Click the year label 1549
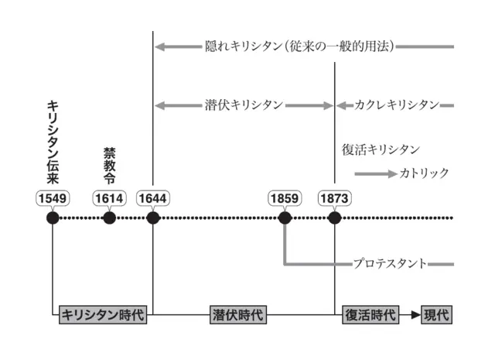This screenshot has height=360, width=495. coord(53,198)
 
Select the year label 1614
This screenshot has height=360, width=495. coord(109,198)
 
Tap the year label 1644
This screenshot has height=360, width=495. coord(153,198)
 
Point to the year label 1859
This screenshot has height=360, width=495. coord(285,198)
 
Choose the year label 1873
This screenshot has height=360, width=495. coord(334,198)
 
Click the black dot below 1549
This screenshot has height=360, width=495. coord(53,218)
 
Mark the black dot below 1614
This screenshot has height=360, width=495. coord(109,218)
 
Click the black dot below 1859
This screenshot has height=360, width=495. coord(285,218)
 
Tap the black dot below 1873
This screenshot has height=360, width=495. coord(334,218)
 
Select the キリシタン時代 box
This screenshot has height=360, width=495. coord(103,315)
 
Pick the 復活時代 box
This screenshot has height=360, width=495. coord(370,315)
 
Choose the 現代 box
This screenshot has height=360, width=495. coord(435,315)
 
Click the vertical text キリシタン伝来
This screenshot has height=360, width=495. coord(53,143)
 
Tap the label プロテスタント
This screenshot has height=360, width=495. coord(390,264)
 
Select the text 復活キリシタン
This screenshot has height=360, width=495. coord(381,149)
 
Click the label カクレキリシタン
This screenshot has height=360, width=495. coord(397,105)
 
